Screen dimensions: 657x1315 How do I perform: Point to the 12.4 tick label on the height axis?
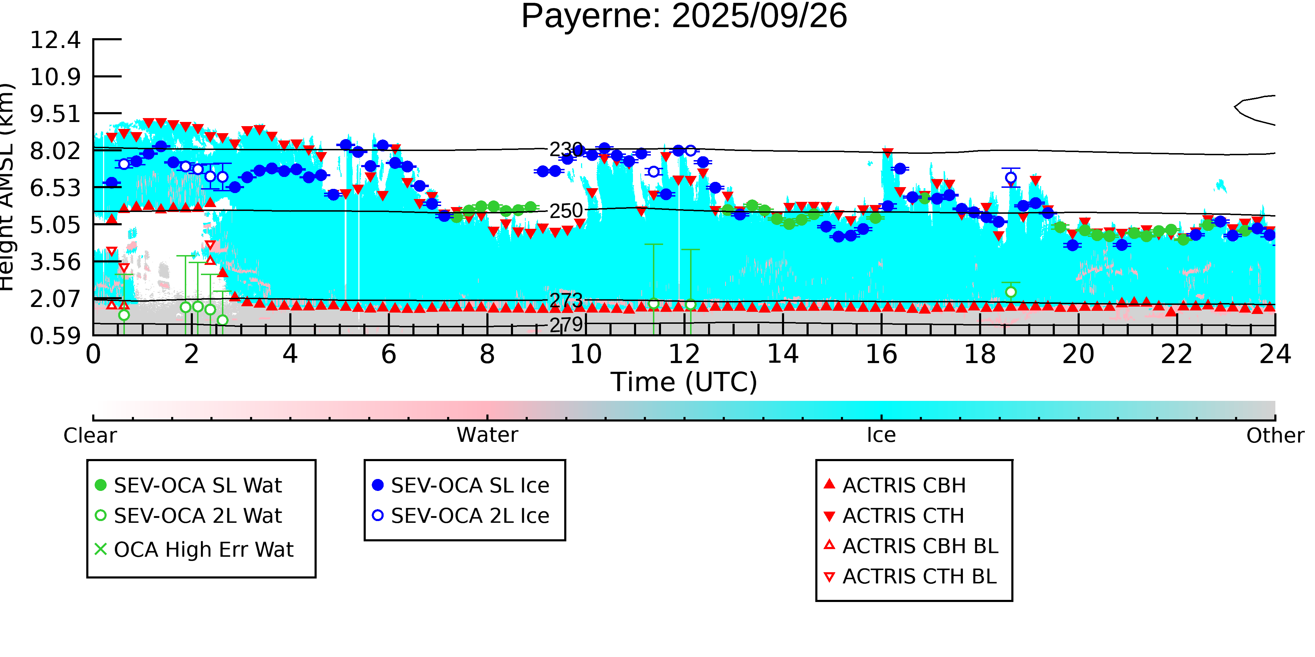coord(55,40)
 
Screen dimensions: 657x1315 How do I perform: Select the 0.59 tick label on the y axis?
coord(55,336)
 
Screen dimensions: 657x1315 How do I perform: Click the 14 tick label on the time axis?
coord(783,354)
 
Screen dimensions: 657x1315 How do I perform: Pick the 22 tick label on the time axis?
coord(1176,354)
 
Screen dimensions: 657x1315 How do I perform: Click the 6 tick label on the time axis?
coord(389,354)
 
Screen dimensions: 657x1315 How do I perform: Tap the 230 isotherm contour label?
coord(566,150)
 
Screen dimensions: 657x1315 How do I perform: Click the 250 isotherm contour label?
coord(566,211)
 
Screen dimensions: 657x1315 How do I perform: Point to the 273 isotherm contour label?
coord(566,300)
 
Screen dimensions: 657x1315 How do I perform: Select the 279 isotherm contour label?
coord(566,324)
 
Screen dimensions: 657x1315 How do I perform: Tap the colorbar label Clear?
coord(90,436)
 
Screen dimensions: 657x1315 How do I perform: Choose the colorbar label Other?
coord(1275,436)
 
